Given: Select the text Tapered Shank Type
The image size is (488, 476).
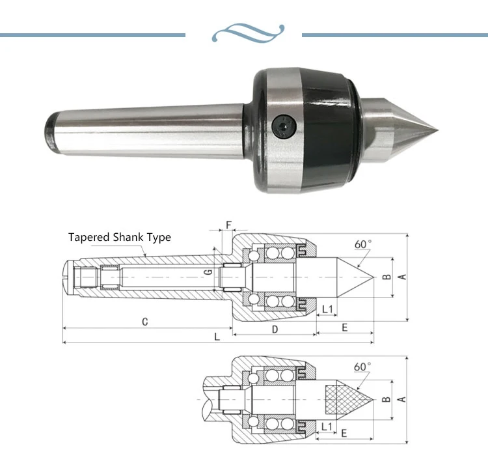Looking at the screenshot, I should pos(120,238).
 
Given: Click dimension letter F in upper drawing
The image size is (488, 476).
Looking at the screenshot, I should pos(228,226).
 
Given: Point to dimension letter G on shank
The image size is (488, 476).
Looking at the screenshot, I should pos(208,273).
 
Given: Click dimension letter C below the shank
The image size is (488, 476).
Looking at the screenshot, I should pos(146,321).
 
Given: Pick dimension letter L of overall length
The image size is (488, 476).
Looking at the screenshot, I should pos(217,336).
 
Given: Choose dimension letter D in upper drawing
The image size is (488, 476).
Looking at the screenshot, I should pos(275,329).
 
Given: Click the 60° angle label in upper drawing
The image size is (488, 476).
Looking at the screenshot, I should pos(363,244).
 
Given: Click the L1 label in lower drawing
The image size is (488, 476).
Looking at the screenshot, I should pos(327,427).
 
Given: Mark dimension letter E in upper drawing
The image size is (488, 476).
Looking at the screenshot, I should pos(344,327).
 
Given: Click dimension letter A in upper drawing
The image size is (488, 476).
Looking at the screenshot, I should pos(402,277).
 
